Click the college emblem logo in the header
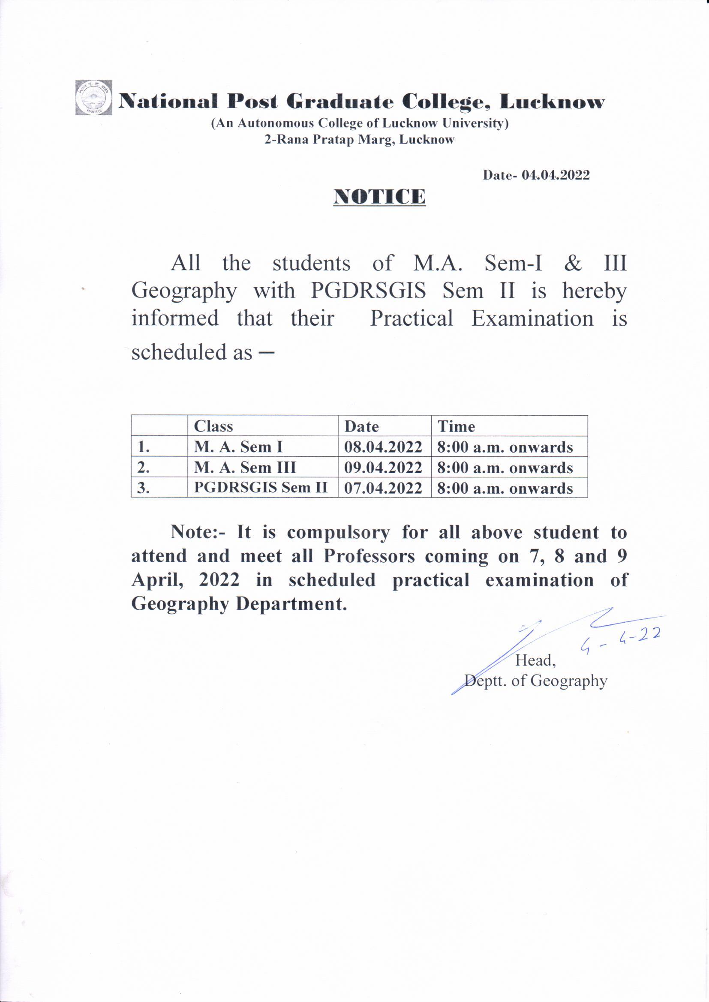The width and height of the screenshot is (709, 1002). (93, 98)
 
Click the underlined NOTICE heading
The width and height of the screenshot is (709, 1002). (379, 197)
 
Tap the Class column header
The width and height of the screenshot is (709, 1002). (213, 426)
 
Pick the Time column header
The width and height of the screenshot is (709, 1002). (456, 426)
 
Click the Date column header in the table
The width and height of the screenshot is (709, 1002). (361, 426)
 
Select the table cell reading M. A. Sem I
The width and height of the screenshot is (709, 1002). (238, 447)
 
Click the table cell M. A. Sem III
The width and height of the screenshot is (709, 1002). (245, 467)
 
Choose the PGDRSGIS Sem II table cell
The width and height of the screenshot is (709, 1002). (261, 487)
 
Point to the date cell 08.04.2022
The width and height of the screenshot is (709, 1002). (383, 447)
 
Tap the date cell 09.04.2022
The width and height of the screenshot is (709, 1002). (383, 468)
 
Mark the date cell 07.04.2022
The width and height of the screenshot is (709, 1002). (383, 487)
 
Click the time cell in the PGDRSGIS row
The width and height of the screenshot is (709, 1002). (505, 488)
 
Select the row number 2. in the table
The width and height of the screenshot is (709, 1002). (144, 468)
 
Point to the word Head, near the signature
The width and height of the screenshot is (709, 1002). (535, 660)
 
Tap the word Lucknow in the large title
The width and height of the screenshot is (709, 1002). (552, 102)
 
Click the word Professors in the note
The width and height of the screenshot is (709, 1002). (370, 556)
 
